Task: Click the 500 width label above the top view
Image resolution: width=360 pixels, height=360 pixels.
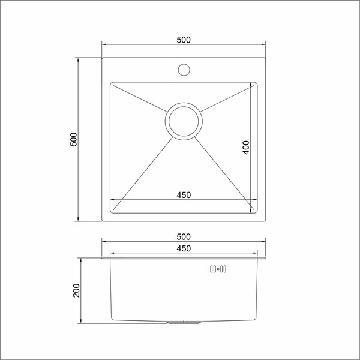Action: pos(184,40)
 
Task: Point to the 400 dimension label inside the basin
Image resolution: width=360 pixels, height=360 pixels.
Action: pos(245,148)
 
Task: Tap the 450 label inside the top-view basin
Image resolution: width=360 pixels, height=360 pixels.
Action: pos(184,194)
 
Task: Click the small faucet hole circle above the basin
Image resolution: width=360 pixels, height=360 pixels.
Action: pos(184,70)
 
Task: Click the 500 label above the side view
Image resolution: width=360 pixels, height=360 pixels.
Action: pos(184,236)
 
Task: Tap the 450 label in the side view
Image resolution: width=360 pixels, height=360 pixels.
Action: pos(184,248)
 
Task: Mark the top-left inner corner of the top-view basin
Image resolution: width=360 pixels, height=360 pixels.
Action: pos(112,84)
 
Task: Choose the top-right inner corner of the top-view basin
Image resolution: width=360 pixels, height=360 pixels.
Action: pos(256,84)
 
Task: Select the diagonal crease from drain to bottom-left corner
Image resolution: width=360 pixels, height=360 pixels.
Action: pos(142,172)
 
